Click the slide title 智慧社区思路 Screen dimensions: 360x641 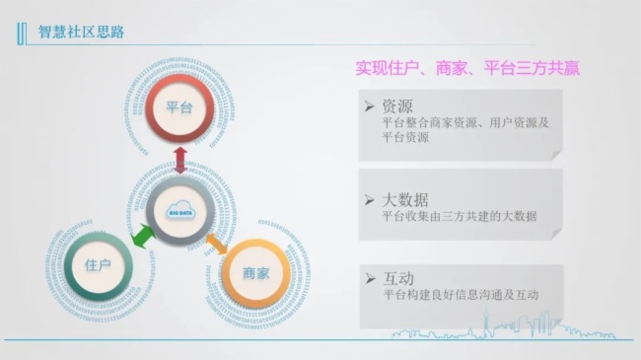82,32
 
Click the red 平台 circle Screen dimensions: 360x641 179,107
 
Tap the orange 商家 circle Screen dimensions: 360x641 255,273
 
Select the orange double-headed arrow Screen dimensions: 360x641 217,240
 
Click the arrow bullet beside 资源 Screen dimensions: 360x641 369,105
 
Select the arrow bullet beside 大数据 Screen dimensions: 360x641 369,198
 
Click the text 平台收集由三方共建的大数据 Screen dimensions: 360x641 459,216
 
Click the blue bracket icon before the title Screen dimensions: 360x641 23,33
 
